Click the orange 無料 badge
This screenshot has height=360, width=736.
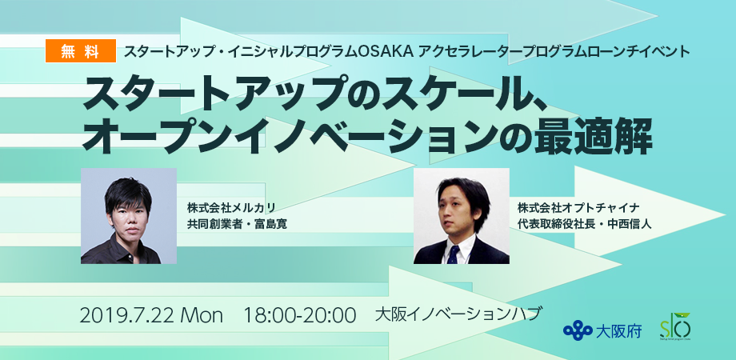[81, 51]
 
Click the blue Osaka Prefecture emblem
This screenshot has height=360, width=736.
[578, 330]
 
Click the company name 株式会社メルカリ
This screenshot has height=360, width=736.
[230, 207]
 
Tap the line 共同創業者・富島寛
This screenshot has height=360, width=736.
[237, 224]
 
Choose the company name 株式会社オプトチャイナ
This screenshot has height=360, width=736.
[579, 207]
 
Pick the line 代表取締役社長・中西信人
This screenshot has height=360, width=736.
[584, 224]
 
